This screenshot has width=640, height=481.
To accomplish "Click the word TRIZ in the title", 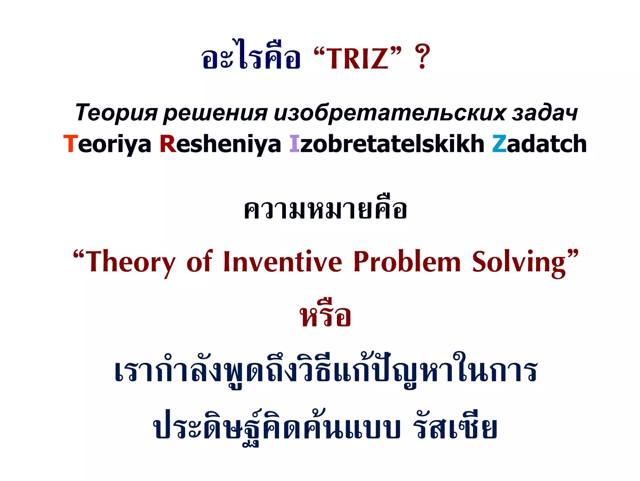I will pos(357,58).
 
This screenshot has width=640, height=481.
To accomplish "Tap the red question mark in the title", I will pos(422,57).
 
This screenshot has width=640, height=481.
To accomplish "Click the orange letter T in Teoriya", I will pos(70,144).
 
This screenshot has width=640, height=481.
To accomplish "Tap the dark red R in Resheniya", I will pos(168,144).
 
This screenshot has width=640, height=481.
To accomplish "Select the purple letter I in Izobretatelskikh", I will pos(294,144).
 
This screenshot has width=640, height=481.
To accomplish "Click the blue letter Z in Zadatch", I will pos(499,144).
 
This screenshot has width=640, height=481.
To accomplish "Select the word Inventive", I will pos(282,262).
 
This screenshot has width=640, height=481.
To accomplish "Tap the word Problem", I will pos(407,262).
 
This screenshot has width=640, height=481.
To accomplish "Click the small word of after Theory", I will pos(199,262).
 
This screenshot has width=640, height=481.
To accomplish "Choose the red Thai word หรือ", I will pos(325,316).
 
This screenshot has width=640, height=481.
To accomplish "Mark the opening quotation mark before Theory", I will pos(78,254).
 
